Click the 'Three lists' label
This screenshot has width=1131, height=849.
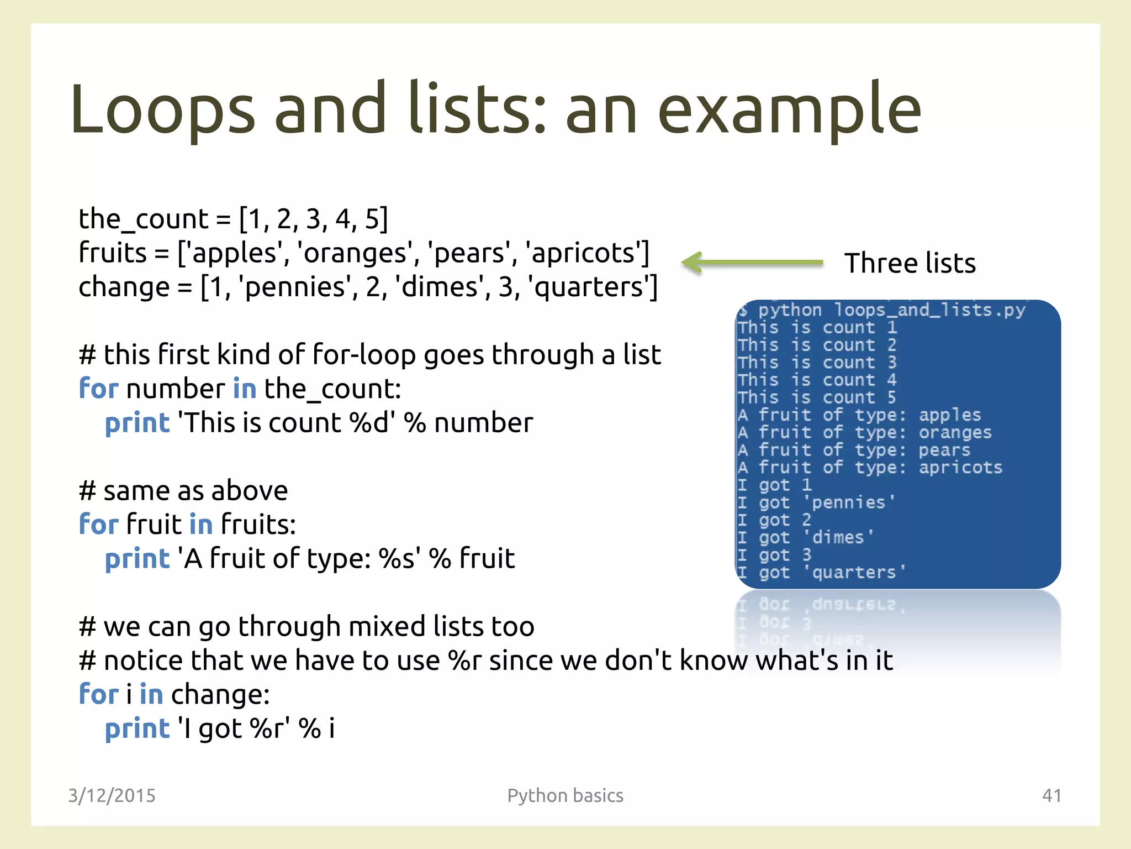click(910, 263)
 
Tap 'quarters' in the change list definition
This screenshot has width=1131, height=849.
click(591, 288)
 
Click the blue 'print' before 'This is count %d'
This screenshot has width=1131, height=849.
click(137, 423)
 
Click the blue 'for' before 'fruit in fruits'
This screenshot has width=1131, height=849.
click(99, 525)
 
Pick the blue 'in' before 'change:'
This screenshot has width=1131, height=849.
click(151, 695)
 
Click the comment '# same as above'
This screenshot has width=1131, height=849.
click(183, 491)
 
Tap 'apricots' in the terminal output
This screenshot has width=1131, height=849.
click(960, 468)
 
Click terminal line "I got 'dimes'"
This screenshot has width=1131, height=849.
click(805, 538)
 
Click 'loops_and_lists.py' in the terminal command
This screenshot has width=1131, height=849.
click(929, 311)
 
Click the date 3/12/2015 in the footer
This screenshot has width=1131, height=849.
click(112, 796)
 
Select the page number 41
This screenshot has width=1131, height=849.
click(1051, 796)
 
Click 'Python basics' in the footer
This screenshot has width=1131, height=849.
click(565, 796)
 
